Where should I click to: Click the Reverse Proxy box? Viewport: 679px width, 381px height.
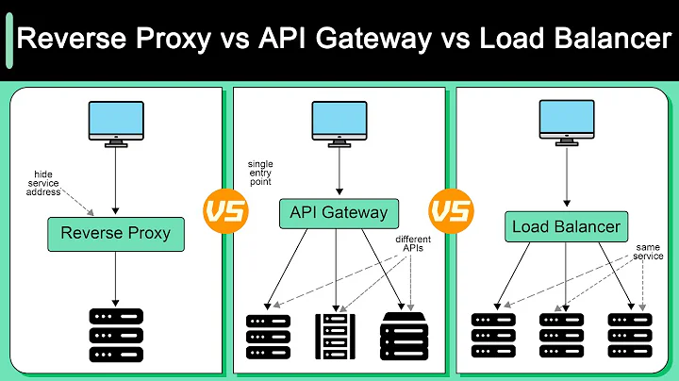coord(114,233)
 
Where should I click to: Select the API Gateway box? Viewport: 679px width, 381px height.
coord(339,212)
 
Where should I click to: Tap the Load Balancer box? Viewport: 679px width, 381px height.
coord(565,226)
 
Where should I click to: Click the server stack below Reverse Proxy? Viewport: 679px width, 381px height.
coord(114,335)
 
